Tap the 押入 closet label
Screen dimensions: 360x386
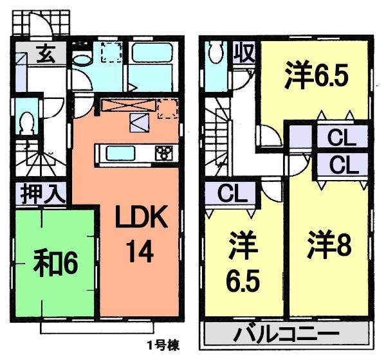[41, 193]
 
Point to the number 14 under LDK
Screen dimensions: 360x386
[140, 252]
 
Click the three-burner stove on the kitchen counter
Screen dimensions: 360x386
[165, 153]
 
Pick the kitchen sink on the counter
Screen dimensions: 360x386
[120, 153]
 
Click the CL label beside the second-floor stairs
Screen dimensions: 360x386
[228, 193]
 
